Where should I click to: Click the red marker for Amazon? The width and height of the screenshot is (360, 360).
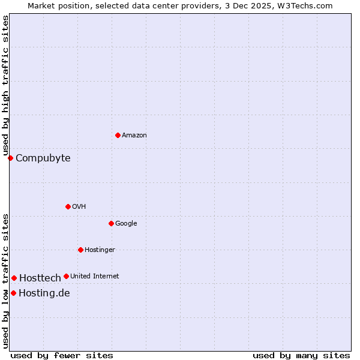click(118, 135)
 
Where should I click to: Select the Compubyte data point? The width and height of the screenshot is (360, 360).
click(10, 158)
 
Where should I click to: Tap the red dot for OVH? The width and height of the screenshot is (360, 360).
click(68, 206)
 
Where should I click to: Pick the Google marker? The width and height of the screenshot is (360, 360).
click(111, 223)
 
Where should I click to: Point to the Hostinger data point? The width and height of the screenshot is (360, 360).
click(80, 250)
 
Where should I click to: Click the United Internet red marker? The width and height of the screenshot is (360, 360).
click(66, 276)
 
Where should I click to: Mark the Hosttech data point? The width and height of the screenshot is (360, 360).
click(14, 278)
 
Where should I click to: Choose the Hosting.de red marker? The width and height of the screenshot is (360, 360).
click(13, 293)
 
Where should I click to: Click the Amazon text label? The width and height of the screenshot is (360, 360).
click(134, 136)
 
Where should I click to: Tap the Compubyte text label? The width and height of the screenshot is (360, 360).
click(43, 158)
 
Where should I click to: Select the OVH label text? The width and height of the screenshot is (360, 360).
click(79, 207)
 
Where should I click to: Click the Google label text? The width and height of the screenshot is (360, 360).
click(126, 224)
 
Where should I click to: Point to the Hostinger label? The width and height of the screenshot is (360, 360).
click(100, 250)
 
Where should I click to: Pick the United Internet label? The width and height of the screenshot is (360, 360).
click(95, 277)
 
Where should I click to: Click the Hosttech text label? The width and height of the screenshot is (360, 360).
click(40, 278)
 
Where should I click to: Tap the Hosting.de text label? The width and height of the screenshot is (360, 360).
click(44, 293)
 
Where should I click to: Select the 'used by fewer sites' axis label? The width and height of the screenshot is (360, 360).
click(62, 355)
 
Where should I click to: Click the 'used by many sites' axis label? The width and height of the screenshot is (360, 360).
click(301, 355)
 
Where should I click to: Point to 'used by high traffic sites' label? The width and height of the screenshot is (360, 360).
click(5, 86)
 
